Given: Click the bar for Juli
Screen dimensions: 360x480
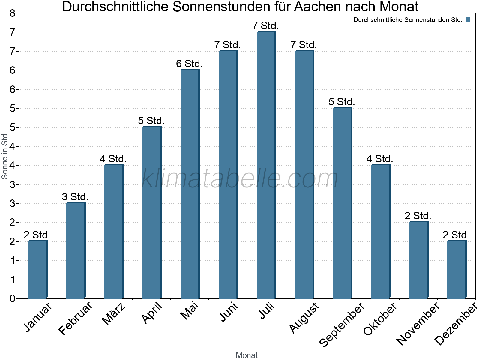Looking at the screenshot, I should tap(266, 165).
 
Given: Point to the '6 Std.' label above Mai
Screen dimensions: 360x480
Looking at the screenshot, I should tap(189, 64).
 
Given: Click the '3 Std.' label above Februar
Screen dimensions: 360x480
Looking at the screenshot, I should tap(75, 197).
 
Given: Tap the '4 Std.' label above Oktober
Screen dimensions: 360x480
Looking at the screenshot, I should tap(379, 159).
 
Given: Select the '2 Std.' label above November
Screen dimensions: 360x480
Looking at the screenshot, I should tap(418, 216).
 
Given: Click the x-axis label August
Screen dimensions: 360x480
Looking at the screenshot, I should tap(304, 317).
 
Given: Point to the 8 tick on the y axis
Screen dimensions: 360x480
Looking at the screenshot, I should tap(12, 13).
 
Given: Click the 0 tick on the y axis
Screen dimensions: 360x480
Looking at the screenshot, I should tap(12, 298).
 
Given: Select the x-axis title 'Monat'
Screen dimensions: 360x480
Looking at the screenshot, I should tap(247, 355).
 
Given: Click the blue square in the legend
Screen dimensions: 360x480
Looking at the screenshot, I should tap(468, 20).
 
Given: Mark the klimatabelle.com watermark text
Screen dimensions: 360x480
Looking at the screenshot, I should tap(240, 178).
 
